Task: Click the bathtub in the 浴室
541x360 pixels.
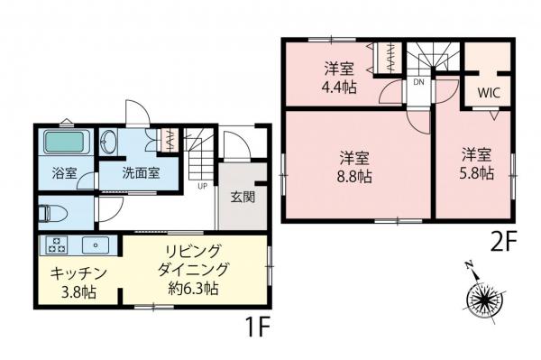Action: click(64, 142)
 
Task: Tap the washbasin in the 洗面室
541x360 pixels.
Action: click(109, 143)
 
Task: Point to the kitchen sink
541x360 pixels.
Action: click(93, 245)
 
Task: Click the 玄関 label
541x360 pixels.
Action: click(242, 198)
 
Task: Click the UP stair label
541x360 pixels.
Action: click(202, 188)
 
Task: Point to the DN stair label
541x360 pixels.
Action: click(418, 82)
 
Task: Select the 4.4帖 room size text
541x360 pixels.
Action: click(339, 88)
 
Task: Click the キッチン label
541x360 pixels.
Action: click(79, 272)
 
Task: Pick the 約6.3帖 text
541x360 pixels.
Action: click(194, 289)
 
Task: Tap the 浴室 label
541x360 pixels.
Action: click(65, 172)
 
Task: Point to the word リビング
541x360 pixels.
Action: click(194, 251)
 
